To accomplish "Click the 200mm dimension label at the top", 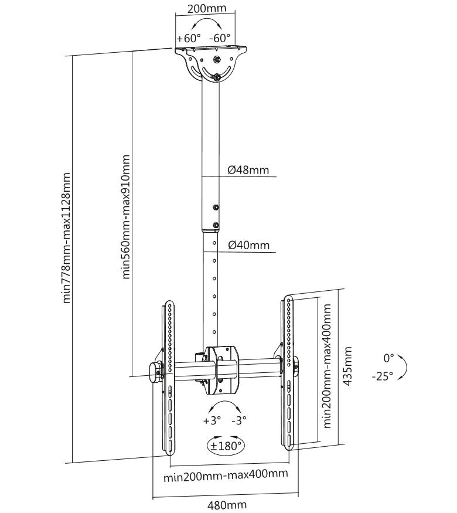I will coord(203,9).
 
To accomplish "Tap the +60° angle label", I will coord(189,38).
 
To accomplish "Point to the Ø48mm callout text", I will coord(248,170).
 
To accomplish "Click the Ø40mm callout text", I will coord(248,245).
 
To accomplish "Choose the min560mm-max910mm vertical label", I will coord(125,217).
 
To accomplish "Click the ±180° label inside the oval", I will coord(226,446).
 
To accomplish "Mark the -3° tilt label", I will coord(239,420).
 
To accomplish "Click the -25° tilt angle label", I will coord(382,377).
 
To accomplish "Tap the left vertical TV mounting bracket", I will coord(169,375).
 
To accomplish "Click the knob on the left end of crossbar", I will coord(155,372).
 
